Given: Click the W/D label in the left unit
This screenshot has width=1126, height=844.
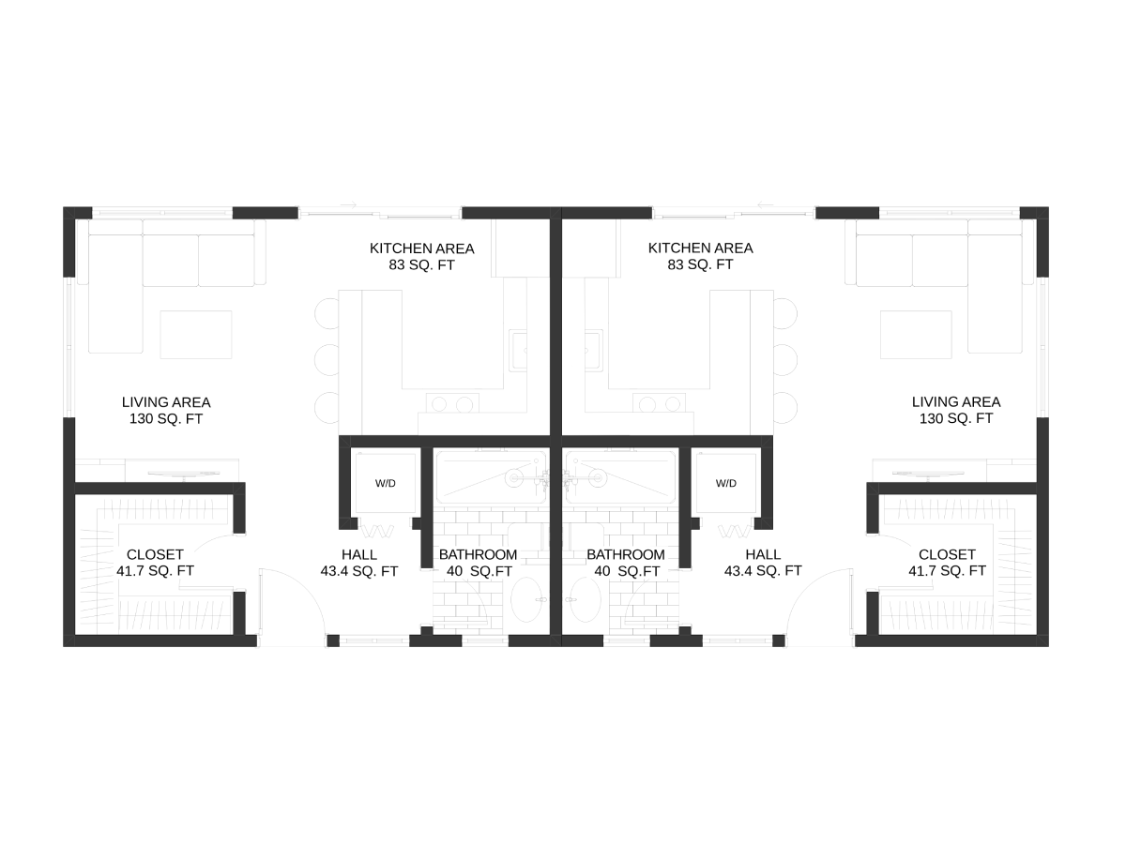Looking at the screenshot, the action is tap(386, 483).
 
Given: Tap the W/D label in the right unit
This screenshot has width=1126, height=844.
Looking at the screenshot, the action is tap(726, 483).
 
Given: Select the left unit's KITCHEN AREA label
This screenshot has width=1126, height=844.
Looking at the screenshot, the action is tap(421, 257).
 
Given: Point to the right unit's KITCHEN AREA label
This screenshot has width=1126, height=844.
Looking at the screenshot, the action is tap(700, 256).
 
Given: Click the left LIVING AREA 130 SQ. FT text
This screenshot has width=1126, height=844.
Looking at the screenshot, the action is tap(166, 411).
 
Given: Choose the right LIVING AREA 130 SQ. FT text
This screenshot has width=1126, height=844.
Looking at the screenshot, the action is tap(956, 410).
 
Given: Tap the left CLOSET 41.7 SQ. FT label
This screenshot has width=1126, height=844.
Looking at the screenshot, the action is tap(155, 563).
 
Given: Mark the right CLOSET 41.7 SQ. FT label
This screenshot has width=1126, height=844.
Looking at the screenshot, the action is tap(947, 563).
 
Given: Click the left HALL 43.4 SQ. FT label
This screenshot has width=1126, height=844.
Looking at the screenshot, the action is tap(359, 563).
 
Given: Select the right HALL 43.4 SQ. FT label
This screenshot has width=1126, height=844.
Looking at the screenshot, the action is tap(763, 563).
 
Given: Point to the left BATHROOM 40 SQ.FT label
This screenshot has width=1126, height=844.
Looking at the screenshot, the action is tap(479, 563).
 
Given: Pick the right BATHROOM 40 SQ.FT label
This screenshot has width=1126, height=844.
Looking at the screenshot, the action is tap(626, 563).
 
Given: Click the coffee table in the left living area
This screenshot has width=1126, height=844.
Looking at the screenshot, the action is tap(196, 335).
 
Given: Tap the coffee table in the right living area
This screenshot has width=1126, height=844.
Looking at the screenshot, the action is tap(916, 335).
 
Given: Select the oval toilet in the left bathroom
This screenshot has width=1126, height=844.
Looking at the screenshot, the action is tap(526, 599).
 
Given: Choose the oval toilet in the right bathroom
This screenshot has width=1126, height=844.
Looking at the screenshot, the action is tap(586, 599).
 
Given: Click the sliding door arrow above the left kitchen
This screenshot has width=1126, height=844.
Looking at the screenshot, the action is tap(348, 205).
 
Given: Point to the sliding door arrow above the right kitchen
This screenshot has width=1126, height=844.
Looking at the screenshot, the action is tap(766, 205).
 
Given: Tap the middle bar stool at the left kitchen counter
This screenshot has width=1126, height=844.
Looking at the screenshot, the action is tap(327, 360).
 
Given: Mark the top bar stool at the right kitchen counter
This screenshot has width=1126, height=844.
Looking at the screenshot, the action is tap(784, 313).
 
